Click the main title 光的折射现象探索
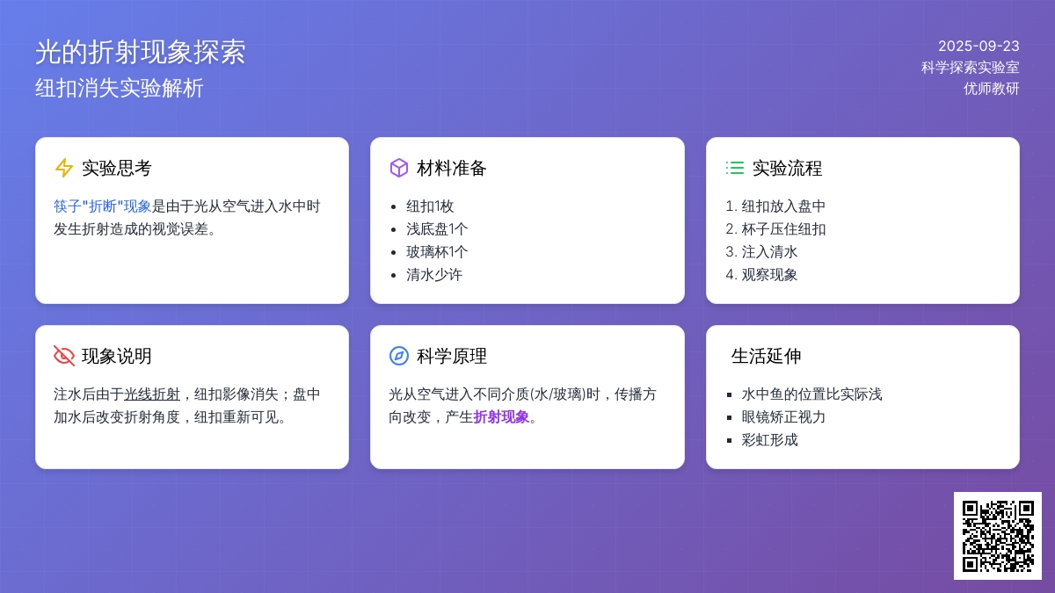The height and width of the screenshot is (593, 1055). pos(141,52)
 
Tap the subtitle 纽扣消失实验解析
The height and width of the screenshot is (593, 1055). pos(120,88)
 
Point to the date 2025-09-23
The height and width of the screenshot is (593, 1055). pos(979,46)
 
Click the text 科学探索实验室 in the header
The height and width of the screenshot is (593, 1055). pos(971,68)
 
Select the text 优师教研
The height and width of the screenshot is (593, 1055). pos(992,89)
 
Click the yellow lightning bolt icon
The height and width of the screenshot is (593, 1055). pos(63,168)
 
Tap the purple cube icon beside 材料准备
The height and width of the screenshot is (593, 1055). pos(399,168)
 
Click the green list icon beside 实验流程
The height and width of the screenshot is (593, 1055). pos(735,168)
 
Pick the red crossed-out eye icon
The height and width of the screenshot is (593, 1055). pos(63,356)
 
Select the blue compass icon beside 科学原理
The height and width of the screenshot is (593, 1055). pos(399,356)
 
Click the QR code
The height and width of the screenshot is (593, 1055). pos(998,536)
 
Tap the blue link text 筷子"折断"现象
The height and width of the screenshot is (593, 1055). pos(102,206)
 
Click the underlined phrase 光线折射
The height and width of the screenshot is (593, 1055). pos(152,394)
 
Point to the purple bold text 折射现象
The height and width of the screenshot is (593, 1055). pos(501,417)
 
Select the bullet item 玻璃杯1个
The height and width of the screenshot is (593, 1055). pos(437,252)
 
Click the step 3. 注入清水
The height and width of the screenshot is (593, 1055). pos(761,252)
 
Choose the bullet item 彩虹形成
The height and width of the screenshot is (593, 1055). pos(769,440)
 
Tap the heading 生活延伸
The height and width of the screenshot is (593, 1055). pos(767,356)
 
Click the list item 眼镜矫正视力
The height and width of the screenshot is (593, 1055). pos(783,417)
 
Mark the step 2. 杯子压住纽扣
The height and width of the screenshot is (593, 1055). pos(775,229)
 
